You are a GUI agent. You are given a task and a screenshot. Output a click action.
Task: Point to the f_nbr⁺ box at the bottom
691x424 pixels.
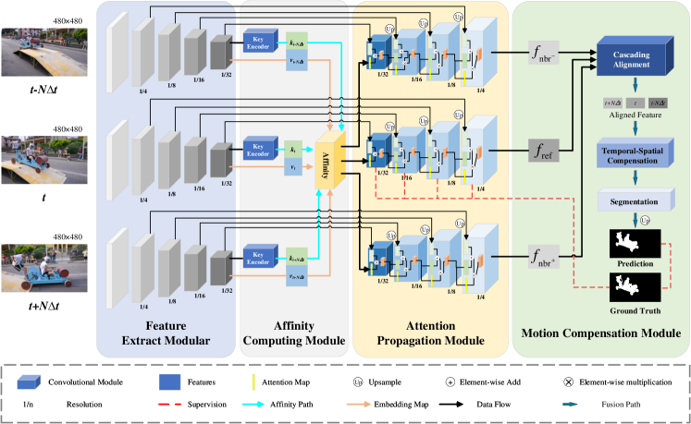tap(544, 254)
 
